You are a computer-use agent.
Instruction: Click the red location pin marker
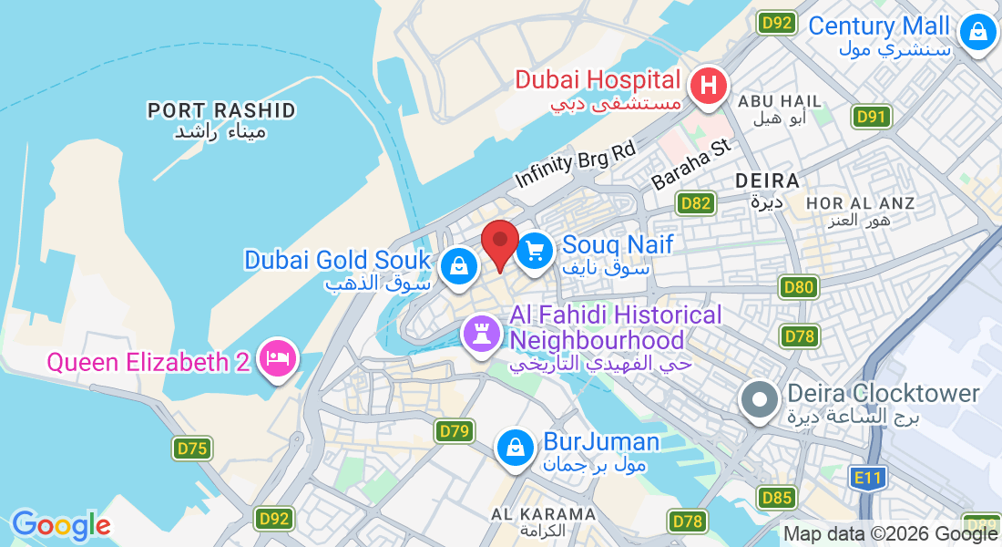coord(500,244)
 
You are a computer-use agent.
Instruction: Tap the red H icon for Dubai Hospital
coord(709,87)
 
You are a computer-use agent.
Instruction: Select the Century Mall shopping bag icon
coord(977,32)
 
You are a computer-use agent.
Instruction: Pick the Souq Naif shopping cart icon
coord(535,250)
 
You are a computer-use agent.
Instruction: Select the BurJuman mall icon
coord(516,448)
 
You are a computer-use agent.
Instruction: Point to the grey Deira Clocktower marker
coord(757,400)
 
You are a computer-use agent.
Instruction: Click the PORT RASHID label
coord(221,111)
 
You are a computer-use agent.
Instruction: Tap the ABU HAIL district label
coord(780,101)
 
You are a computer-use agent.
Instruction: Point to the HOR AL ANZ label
coord(860,202)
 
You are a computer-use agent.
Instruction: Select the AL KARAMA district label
coord(543,514)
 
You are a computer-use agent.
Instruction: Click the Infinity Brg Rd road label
coord(575,161)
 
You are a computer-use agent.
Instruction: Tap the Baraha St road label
coord(691,165)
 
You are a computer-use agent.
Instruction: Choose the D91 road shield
coord(872,117)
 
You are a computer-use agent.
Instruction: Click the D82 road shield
coord(695,202)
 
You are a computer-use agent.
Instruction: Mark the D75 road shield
coord(192,448)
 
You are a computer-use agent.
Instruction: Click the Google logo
coord(60,525)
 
